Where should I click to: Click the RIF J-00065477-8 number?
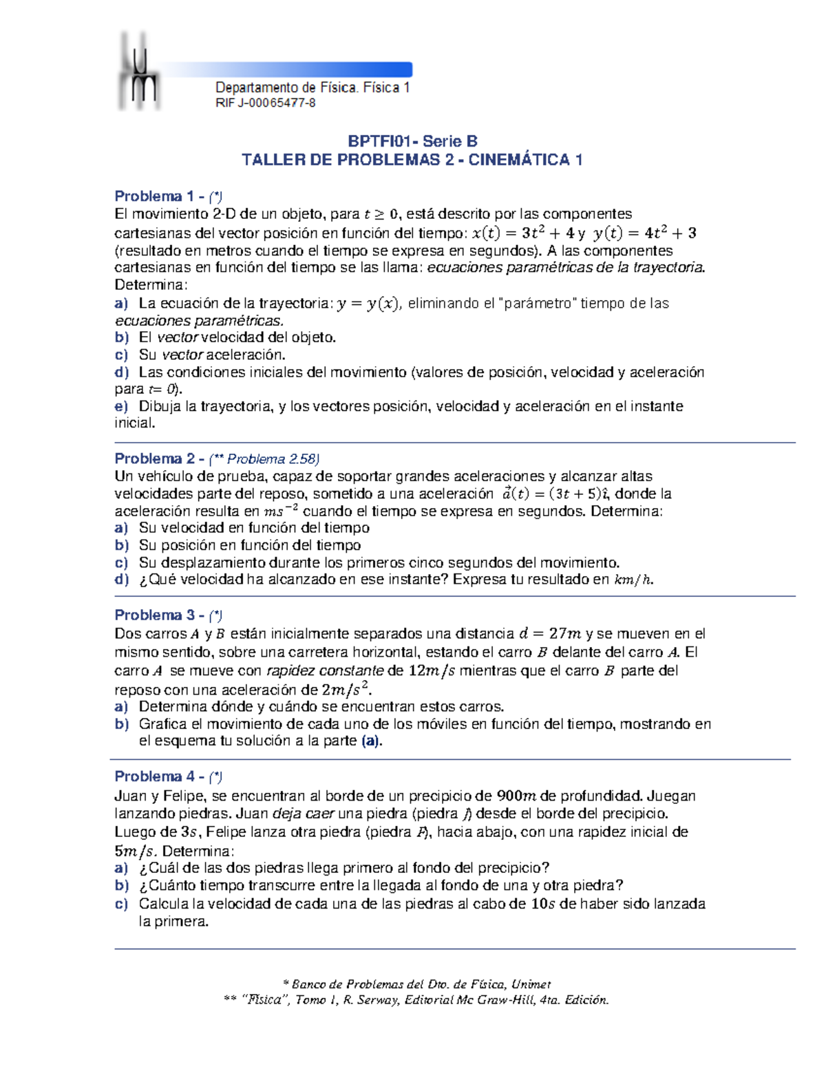point(265,103)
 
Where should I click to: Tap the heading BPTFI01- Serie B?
point(412,141)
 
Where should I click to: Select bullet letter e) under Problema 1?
point(121,406)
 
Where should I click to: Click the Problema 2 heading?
point(158,459)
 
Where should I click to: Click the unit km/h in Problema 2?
point(632,580)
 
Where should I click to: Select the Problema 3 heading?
point(158,615)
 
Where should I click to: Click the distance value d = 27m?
point(550,633)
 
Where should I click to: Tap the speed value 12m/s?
point(431,670)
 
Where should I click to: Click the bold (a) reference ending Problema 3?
point(370,741)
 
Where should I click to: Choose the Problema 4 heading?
point(158,776)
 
